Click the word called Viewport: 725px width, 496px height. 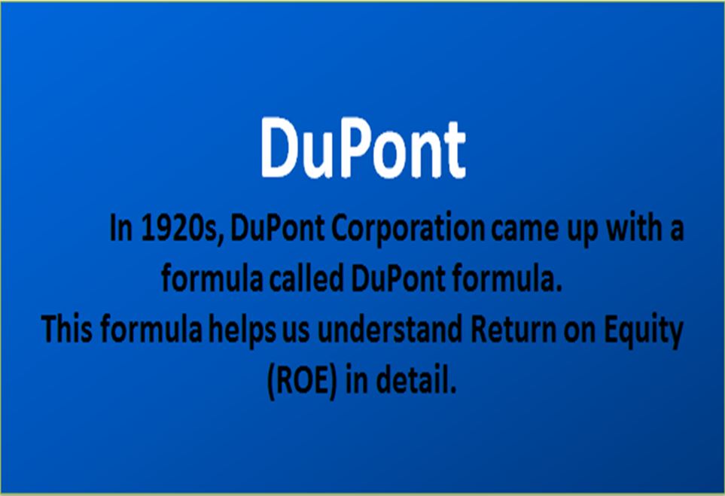coord(306,279)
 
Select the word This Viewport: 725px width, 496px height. coord(66,330)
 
